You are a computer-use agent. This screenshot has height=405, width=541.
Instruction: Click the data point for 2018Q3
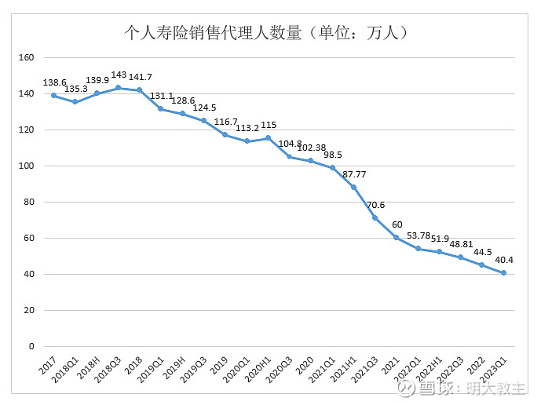pos(118,88)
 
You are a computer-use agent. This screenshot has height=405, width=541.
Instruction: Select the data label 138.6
pos(53,82)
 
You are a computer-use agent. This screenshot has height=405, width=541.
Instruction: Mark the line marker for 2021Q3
pos(375,218)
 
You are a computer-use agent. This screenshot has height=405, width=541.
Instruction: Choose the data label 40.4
pos(503,260)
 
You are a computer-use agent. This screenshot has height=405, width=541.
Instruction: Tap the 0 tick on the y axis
pos(31,346)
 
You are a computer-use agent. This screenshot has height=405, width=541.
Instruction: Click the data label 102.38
pos(311,148)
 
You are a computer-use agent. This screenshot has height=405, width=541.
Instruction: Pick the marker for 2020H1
pos(268,138)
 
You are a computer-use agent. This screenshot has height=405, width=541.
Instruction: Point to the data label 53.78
pos(418,235)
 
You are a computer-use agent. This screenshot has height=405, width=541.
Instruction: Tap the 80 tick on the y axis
pos(29,202)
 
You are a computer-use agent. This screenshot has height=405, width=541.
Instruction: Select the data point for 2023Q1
pos(503,273)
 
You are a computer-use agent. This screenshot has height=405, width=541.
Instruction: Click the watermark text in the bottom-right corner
pos(464,388)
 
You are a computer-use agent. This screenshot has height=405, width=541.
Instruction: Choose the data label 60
pos(397,224)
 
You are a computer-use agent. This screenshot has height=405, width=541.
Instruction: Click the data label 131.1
pos(160,96)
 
